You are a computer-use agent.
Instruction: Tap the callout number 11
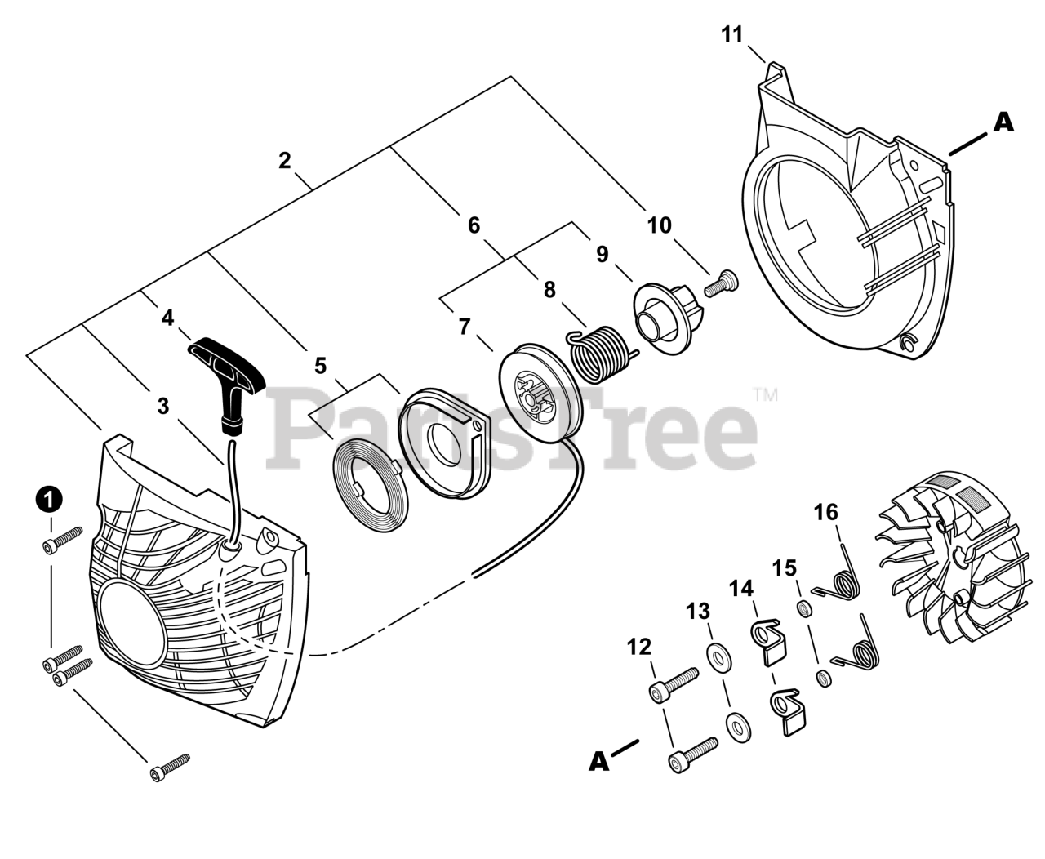click(732, 35)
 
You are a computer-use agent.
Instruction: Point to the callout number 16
click(825, 512)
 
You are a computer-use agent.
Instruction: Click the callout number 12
click(639, 648)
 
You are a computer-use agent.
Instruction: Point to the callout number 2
click(284, 161)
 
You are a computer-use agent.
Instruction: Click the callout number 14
click(742, 588)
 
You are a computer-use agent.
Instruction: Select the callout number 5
click(320, 365)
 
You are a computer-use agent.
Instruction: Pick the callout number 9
click(602, 254)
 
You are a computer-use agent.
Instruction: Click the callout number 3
click(163, 405)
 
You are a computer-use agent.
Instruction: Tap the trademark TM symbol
click(766, 396)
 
